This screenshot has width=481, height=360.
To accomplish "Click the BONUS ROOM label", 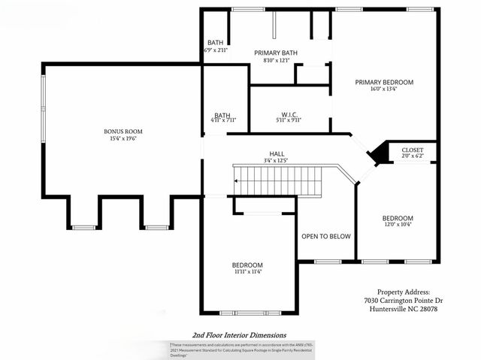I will tap(123, 132).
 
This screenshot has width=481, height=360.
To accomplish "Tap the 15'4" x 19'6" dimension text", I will tap(123, 138).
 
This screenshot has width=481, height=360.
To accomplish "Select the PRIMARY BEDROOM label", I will tap(384, 82).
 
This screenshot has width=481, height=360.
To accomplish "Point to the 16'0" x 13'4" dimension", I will tap(384, 89).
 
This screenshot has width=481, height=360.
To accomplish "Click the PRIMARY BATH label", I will tap(276, 53).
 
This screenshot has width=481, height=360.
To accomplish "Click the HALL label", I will tap(277, 153).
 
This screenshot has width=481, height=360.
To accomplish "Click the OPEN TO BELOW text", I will tap(326, 237).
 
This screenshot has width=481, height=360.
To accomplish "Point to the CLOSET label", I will tap(412, 150).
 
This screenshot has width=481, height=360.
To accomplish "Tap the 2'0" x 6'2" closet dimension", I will tap(412, 156).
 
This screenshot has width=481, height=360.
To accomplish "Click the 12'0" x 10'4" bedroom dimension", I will tap(398, 224).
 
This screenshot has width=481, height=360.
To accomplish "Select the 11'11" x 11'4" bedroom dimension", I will tap(247, 272).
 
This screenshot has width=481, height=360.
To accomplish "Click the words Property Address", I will tap(403, 292).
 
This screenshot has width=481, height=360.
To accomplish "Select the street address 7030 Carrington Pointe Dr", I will tap(403, 301).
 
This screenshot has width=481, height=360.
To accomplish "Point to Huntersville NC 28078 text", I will tap(403, 310).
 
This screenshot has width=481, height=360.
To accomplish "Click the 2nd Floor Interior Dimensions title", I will tap(239, 335).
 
